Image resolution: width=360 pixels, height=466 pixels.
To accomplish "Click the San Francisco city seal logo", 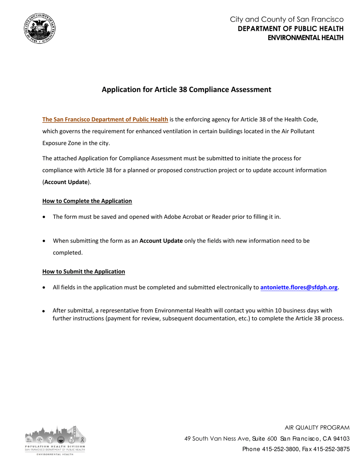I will pos(39,28).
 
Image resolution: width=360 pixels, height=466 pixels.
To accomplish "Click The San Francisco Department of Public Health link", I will pos(105,120).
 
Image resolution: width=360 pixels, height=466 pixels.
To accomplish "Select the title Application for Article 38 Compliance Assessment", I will pos(186,90).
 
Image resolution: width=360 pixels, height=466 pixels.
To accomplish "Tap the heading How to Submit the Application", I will pos(83,271).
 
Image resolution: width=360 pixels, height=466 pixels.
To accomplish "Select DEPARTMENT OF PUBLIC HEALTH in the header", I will pos(291,29).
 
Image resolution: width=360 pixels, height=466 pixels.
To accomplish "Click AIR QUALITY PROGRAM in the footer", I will pos(317,428).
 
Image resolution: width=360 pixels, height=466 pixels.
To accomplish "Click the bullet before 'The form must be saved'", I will pos(45,217).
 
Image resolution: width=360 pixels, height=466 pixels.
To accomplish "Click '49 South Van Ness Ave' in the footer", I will pos(215,438).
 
